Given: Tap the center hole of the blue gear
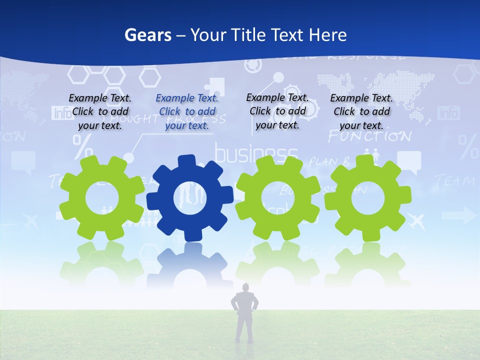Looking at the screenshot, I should [190, 197].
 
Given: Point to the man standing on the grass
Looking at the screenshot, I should [245, 315].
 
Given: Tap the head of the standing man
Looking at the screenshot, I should [245, 287].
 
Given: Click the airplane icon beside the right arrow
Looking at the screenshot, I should [416, 219].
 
